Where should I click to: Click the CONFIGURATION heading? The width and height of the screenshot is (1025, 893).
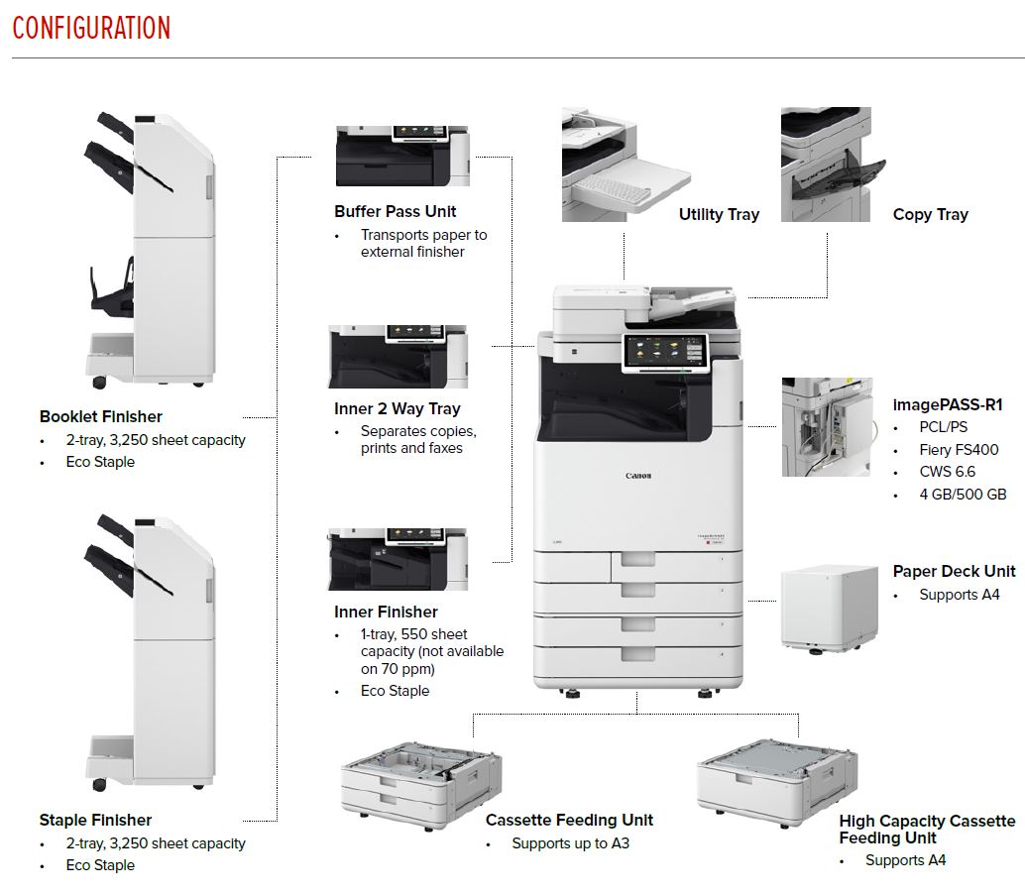point(91,27)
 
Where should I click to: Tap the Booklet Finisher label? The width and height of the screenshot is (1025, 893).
point(101,416)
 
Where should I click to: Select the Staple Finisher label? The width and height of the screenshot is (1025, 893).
point(96,820)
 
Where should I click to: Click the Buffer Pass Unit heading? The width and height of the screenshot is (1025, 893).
point(396,211)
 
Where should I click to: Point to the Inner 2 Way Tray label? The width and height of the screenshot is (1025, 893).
point(398,408)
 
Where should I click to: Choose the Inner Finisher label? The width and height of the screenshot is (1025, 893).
point(386,612)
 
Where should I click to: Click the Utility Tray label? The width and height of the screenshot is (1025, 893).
point(719,214)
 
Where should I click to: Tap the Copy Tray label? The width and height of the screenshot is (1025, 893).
point(930,214)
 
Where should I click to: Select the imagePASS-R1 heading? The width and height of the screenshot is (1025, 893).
point(948,404)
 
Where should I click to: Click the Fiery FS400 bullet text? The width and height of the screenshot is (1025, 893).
point(959,449)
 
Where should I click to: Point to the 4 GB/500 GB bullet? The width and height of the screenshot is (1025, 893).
point(963,494)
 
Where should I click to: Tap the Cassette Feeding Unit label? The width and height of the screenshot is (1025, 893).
point(569,820)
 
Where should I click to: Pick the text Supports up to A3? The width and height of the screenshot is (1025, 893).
point(570,843)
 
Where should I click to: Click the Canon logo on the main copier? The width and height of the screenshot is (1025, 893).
point(638,476)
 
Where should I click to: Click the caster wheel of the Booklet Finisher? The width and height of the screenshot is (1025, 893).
point(98,382)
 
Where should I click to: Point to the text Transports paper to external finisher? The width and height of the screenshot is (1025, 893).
point(424,243)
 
